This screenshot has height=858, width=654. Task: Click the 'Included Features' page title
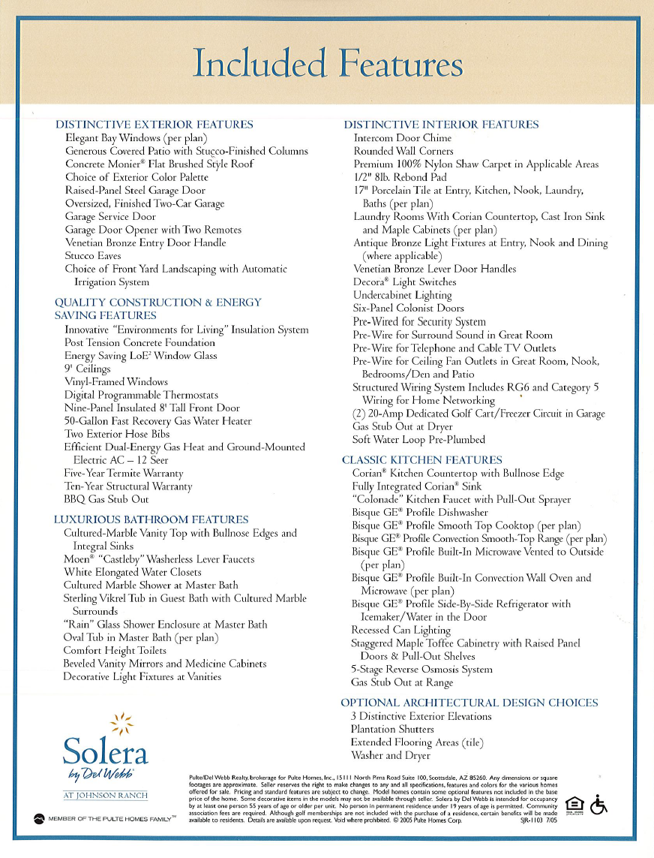pos(327,63)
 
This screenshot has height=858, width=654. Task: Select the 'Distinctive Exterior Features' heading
pos(154,125)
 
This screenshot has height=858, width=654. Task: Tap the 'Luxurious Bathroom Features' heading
pos(151,519)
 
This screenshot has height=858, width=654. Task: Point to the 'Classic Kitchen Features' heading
pos(422,460)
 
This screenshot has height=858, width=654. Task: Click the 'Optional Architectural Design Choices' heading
pos(469,703)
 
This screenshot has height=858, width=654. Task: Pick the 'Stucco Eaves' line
pos(93,256)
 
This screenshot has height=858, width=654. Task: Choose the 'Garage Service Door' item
pos(110,217)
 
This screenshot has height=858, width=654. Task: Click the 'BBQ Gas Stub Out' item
pos(106,499)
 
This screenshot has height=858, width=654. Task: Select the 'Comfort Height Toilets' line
pos(115,650)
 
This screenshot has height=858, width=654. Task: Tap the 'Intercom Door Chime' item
pos(402,138)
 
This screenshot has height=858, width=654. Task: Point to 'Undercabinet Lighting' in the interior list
pos(402,295)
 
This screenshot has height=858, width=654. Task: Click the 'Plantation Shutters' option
pos(392,729)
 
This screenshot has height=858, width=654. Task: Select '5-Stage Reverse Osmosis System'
pos(421,670)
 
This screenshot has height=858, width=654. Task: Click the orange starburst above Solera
pos(121,723)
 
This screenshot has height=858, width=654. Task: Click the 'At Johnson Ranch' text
pos(105,796)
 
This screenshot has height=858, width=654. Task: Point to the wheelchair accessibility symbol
pos(599,805)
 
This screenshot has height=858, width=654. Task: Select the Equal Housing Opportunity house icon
pos(574,804)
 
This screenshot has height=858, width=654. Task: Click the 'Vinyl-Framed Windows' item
pos(116,382)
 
